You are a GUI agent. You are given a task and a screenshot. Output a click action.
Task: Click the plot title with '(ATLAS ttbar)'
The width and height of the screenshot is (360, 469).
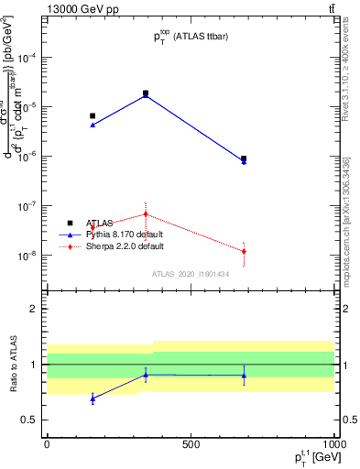point(190,37)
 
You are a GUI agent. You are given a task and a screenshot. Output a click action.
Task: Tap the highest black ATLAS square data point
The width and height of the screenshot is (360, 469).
point(146,93)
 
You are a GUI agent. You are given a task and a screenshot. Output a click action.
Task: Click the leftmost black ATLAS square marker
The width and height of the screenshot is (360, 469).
point(93,115)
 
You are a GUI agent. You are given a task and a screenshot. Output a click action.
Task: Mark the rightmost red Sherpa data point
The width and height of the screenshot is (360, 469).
point(244,252)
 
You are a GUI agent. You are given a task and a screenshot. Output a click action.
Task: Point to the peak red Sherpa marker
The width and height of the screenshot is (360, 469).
point(146,214)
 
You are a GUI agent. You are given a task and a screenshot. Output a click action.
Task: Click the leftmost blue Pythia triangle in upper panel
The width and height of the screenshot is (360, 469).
point(93,125)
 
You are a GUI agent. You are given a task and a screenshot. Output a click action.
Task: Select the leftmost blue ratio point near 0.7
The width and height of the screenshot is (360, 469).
point(93,398)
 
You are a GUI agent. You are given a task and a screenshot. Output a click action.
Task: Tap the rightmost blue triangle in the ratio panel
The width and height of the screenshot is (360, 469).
point(244,376)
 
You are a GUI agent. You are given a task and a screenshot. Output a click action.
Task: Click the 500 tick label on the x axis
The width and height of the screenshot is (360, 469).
point(191,445)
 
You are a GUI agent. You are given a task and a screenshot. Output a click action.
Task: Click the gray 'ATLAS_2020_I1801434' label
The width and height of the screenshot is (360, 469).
point(191,274)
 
